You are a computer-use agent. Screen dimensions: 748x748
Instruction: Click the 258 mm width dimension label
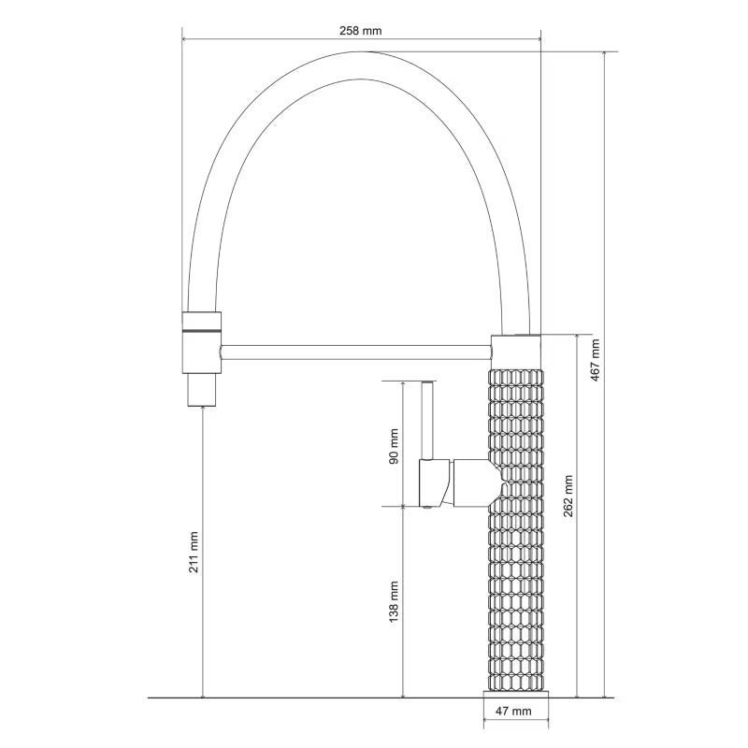pyautogui.click(x=361, y=31)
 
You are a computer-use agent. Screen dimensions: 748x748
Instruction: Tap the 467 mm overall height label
pyautogui.click(x=595, y=360)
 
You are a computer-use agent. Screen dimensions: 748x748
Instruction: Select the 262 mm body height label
pyautogui.click(x=568, y=496)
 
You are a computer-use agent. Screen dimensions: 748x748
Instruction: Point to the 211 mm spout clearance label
pyautogui.click(x=194, y=552)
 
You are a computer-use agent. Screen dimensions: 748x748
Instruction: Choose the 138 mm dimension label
pyautogui.click(x=394, y=602)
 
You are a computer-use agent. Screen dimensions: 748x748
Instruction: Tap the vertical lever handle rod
pyautogui.click(x=427, y=420)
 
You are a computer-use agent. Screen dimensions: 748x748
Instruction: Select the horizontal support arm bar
pyautogui.click(x=356, y=352)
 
